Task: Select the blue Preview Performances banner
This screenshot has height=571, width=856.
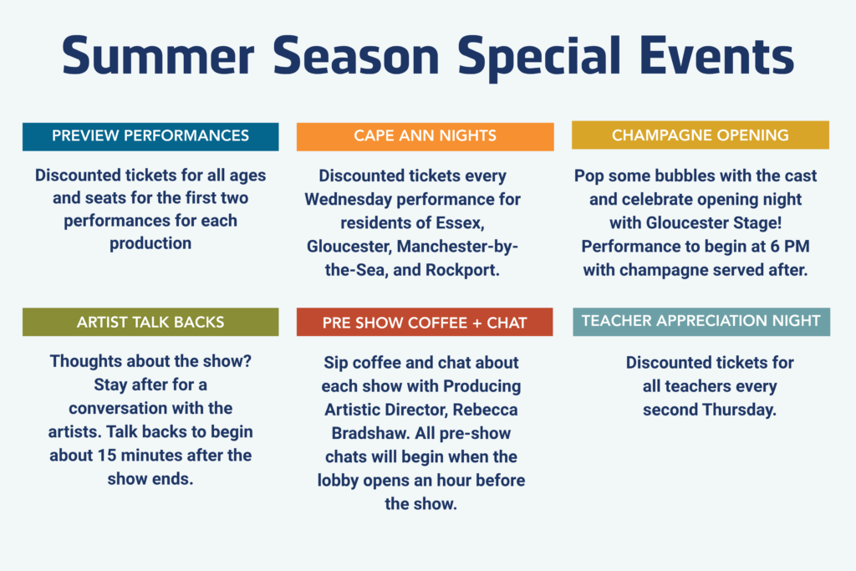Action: [x=150, y=136]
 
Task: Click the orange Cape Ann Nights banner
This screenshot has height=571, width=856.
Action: [x=425, y=136]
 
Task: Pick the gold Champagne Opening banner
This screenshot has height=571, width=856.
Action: [x=701, y=135]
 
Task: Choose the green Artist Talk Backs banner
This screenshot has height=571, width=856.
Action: [x=150, y=322]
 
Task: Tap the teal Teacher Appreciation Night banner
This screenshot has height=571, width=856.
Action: [x=701, y=322]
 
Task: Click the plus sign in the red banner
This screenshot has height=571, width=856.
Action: [x=476, y=324]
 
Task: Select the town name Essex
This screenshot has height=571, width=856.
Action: [x=461, y=223]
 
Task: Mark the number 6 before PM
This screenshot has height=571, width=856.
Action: [x=775, y=246]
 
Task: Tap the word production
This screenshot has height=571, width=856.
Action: [x=150, y=243]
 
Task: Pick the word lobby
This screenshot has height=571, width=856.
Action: [x=338, y=481]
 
